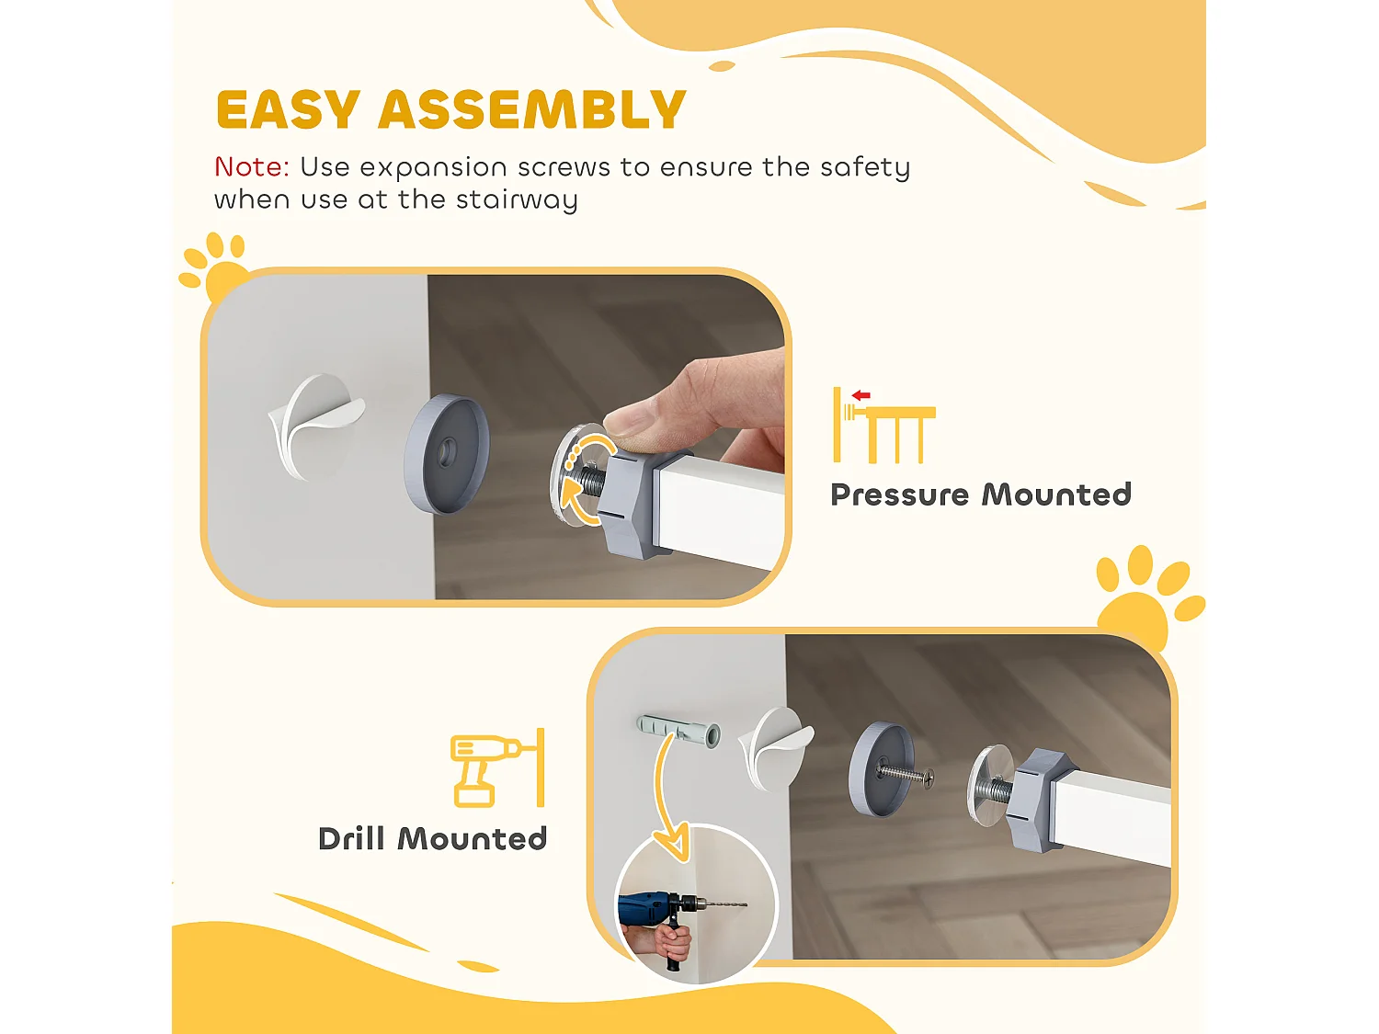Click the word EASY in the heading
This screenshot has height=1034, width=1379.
click(289, 110)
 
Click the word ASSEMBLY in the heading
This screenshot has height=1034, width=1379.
click(532, 110)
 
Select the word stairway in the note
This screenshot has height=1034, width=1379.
click(517, 200)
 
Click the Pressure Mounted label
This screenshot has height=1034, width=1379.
click(981, 494)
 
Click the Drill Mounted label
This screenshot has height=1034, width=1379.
click(433, 839)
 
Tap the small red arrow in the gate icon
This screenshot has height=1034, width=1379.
click(860, 395)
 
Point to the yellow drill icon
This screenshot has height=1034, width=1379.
click(496, 767)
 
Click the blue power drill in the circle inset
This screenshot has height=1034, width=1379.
click(666, 910)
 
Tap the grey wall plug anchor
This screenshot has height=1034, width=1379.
click(678, 730)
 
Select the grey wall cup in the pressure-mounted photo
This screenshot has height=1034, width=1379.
click(447, 453)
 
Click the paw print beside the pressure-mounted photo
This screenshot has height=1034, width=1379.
click(214, 268)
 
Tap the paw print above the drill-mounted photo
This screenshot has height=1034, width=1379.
click(1149, 597)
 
